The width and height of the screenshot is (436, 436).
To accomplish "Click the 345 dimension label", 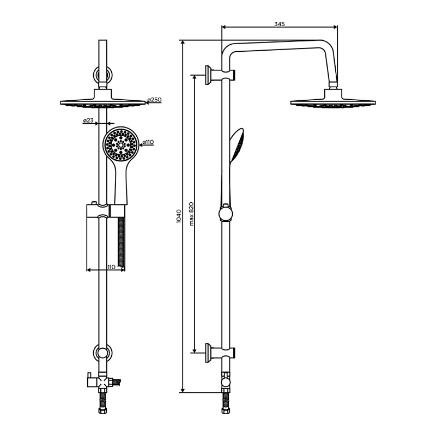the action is (x=280, y=24).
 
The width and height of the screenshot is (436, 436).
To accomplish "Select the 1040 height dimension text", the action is (x=179, y=216).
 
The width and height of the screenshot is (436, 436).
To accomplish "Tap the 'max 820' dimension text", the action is (x=191, y=214).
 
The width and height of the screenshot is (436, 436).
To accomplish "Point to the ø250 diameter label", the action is (x=154, y=100).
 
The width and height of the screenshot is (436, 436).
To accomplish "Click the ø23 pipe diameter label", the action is (x=88, y=120).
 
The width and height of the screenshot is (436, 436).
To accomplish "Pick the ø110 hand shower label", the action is (x=148, y=142).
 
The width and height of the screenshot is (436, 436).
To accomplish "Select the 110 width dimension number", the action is (x=111, y=267).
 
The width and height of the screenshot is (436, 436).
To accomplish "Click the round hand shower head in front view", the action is (x=120, y=144).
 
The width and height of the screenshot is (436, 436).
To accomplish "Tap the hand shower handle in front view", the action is (x=121, y=184).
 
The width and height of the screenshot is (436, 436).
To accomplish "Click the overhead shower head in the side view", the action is (x=333, y=100).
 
